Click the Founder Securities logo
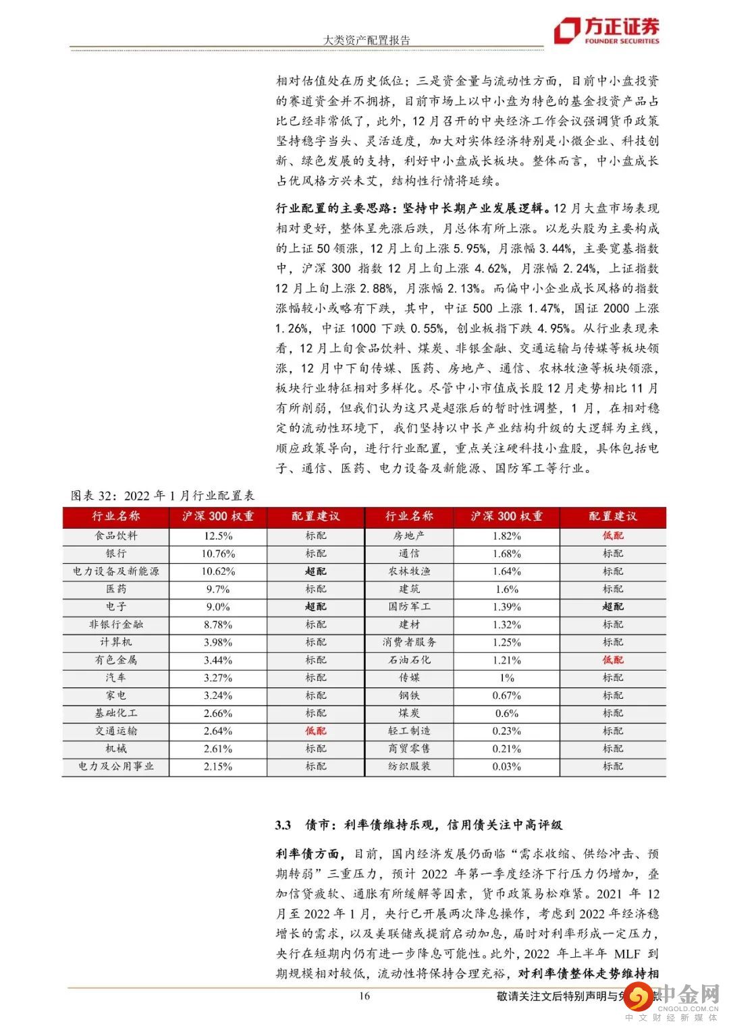pos(605,30)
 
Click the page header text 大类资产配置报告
pos(367,40)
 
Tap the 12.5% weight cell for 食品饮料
pos(218,536)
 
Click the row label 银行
pos(116,554)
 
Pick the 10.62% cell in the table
pos(218,571)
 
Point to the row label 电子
pos(116,607)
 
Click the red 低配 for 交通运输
pos(315,731)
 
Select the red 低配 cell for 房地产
pos(613,536)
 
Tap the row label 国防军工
pos(409,607)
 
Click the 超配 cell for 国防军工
pos(613,607)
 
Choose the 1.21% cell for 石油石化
pos(507,660)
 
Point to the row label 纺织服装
pos(409,767)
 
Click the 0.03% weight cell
pos(507,767)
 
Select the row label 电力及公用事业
pos(116,767)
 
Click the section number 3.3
pos(283,825)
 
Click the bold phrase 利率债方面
pos(308,854)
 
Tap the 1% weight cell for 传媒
pos(507,678)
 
